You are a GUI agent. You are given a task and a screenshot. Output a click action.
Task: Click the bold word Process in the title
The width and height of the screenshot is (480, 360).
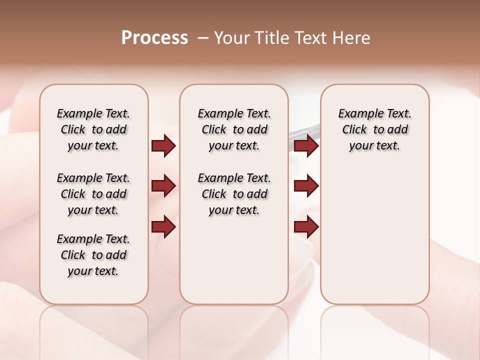coord(154,38)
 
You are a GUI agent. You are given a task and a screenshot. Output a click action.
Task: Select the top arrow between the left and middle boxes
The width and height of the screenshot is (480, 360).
coord(163,146)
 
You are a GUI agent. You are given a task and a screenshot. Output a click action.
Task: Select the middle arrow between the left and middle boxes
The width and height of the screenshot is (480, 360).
coord(163,186)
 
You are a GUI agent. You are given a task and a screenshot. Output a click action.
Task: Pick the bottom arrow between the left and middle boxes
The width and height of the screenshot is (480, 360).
coord(163,227)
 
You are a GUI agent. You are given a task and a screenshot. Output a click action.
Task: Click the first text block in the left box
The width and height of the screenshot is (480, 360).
coord(93,129)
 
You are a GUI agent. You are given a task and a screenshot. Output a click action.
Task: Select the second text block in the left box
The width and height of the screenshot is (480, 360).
coord(93,194)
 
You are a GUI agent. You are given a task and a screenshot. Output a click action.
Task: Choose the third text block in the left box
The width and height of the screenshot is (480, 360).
coord(93,255)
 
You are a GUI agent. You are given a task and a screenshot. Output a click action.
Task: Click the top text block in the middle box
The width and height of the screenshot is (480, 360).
coord(234,129)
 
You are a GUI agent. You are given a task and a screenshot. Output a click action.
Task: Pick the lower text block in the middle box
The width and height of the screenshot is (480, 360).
coord(234,194)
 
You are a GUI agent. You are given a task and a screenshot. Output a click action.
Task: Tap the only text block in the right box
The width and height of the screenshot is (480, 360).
coord(374,129)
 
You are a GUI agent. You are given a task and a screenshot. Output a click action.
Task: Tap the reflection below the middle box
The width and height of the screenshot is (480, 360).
coord(234,330)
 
